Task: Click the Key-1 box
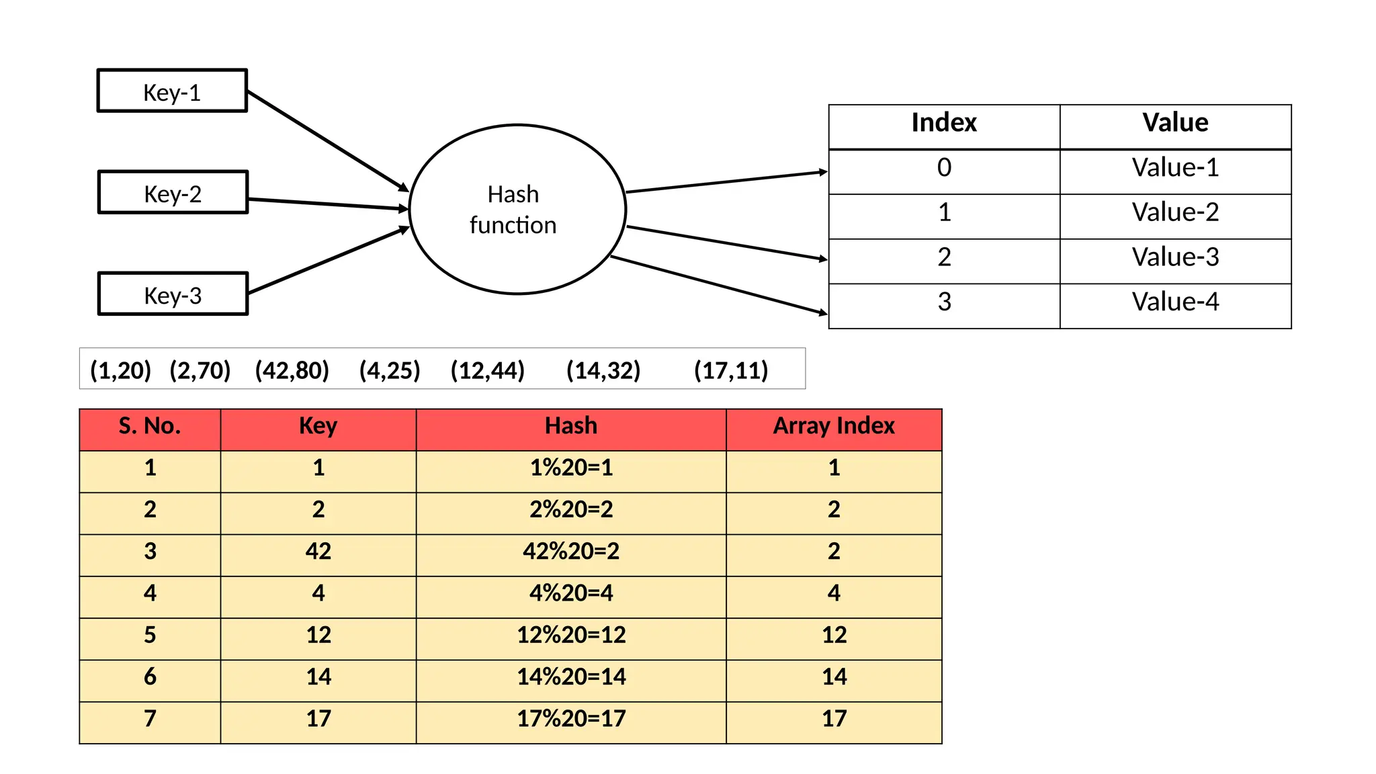pyautogui.click(x=172, y=91)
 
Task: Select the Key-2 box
pyautogui.click(x=173, y=193)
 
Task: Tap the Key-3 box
pyautogui.click(x=173, y=294)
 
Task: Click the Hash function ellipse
pyautogui.click(x=517, y=210)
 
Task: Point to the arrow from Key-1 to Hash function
pyautogui.click(x=328, y=141)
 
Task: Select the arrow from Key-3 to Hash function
pyautogui.click(x=328, y=261)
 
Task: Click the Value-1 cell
pyautogui.click(x=1175, y=168)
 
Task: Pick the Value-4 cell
pyautogui.click(x=1175, y=302)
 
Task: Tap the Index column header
pyautogui.click(x=944, y=123)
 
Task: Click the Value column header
pyautogui.click(x=1175, y=123)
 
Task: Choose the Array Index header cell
pyautogui.click(x=834, y=426)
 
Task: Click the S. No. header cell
pyautogui.click(x=150, y=426)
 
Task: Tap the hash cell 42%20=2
pyautogui.click(x=571, y=552)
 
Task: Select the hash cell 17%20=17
pyautogui.click(x=571, y=719)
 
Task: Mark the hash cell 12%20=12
pyautogui.click(x=571, y=635)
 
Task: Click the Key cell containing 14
pyautogui.click(x=318, y=677)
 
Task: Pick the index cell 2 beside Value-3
pyautogui.click(x=944, y=257)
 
